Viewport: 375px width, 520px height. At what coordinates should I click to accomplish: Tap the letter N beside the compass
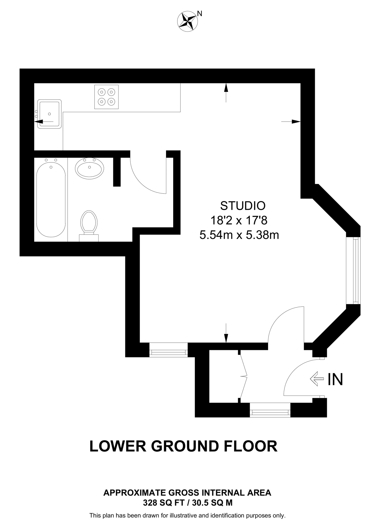(200, 14)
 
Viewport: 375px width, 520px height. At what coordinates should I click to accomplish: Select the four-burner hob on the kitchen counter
(106, 97)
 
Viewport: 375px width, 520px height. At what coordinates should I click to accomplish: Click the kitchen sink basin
(49, 114)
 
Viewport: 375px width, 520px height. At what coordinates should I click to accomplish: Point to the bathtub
(51, 200)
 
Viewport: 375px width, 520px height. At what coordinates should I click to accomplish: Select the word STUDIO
(243, 206)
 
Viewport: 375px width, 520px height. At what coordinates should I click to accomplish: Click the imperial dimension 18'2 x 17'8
(239, 220)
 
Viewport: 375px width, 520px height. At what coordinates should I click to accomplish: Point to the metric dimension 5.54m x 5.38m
(239, 235)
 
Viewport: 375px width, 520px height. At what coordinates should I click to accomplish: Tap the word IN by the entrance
(335, 379)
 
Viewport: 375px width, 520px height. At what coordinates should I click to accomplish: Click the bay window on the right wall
(353, 270)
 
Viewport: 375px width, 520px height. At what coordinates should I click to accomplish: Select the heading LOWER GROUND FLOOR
(183, 446)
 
